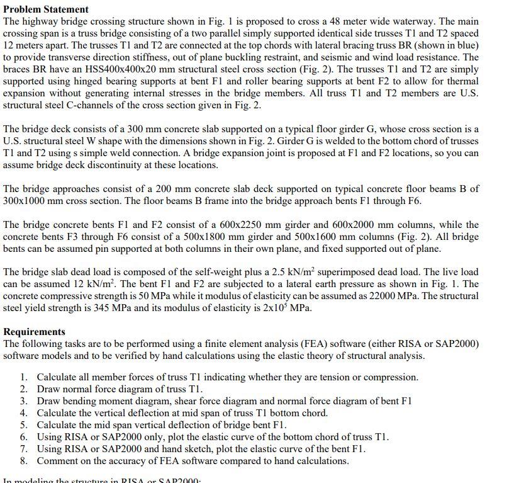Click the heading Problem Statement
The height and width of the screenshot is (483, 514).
click(46, 9)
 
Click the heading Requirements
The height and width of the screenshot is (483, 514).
click(34, 332)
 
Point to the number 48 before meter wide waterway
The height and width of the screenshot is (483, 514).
click(337, 21)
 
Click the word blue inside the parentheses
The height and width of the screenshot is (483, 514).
click(465, 45)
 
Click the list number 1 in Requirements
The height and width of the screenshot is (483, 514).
click(23, 377)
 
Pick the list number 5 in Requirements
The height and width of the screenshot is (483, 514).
click(23, 425)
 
